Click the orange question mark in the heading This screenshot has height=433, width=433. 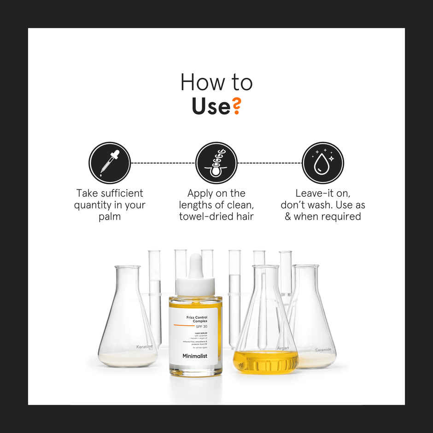pyautogui.click(x=236, y=106)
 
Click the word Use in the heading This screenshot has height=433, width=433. pyautogui.click(x=211, y=106)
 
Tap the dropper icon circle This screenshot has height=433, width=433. pyautogui.click(x=110, y=163)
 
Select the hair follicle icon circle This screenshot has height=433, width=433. pyautogui.click(x=216, y=163)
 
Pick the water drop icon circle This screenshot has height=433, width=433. pyautogui.click(x=323, y=163)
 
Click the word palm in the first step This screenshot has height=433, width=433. pyautogui.click(x=110, y=216)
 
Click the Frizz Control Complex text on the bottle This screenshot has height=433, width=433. pyautogui.click(x=197, y=319)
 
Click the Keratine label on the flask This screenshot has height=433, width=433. pyautogui.click(x=144, y=347)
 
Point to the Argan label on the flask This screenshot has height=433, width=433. pyautogui.click(x=283, y=348)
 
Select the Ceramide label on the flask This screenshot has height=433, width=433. pyautogui.click(x=323, y=350)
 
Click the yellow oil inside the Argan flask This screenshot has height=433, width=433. pyautogui.click(x=265, y=362)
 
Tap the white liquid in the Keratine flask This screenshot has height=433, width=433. pyautogui.click(x=127, y=359)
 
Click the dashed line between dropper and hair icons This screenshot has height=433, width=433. pyautogui.click(x=163, y=163)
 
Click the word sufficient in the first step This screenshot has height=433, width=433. pyautogui.click(x=121, y=193)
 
